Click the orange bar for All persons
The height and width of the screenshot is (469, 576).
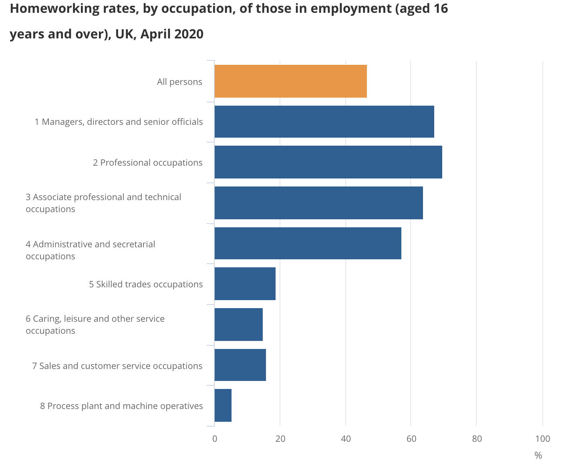(290, 81)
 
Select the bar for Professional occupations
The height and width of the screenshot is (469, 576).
(328, 162)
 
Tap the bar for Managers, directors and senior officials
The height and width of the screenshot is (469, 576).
(324, 122)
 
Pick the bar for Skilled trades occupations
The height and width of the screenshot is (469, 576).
(245, 284)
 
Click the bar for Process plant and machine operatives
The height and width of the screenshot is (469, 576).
(223, 405)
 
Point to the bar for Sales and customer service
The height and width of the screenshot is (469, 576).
(240, 365)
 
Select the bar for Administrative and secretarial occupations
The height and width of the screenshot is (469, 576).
(308, 243)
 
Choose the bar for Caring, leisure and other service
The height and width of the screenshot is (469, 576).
(238, 324)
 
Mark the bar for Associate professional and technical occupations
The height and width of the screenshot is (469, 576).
(318, 203)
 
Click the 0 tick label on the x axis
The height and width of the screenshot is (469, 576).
(215, 439)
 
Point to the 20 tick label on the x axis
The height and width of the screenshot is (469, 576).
(280, 439)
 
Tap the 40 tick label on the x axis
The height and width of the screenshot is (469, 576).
(346, 439)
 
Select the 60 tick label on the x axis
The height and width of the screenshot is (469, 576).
(411, 439)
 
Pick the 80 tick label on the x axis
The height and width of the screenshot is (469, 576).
(477, 439)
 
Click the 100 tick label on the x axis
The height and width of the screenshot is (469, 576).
(542, 439)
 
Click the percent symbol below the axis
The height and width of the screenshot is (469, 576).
(538, 455)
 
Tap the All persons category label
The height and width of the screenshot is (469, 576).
(179, 82)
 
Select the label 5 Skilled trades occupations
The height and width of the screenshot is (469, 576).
(146, 284)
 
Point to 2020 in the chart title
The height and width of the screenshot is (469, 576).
(189, 34)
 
